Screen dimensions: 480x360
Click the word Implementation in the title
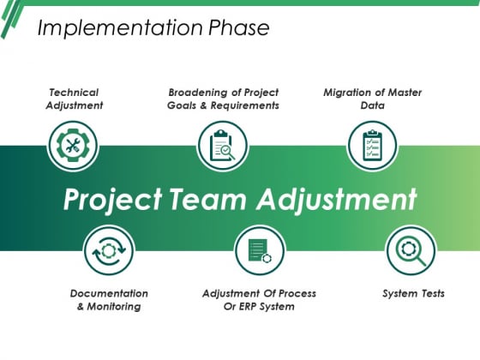(x=120, y=28)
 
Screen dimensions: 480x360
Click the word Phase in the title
(x=239, y=27)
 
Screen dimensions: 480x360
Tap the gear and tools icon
(x=73, y=146)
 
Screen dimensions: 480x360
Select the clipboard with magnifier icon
(x=222, y=146)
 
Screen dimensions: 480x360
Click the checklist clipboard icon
(x=372, y=146)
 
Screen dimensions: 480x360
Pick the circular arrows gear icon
(x=109, y=250)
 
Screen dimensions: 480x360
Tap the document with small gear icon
(x=260, y=250)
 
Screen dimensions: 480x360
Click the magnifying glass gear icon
(x=411, y=251)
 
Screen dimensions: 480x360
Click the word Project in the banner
(x=112, y=200)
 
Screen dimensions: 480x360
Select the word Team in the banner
(x=207, y=199)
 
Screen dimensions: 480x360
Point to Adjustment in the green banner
(x=337, y=200)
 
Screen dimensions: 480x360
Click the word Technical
(x=74, y=93)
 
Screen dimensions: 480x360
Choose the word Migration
(x=347, y=93)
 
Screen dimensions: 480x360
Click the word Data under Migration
(x=373, y=105)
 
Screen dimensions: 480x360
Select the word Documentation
(x=109, y=293)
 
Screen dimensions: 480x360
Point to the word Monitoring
(x=114, y=307)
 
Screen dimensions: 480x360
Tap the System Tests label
(x=413, y=293)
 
